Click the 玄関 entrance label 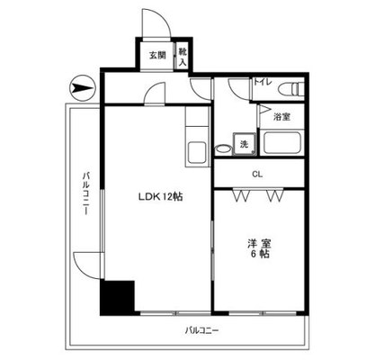[156, 56]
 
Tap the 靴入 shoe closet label [182, 57]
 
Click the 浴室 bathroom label [281, 117]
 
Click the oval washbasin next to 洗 [222, 148]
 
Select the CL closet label [257, 174]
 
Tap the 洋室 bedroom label [258, 242]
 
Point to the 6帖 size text [259, 256]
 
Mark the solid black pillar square [117, 296]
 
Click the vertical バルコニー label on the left [83, 192]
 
